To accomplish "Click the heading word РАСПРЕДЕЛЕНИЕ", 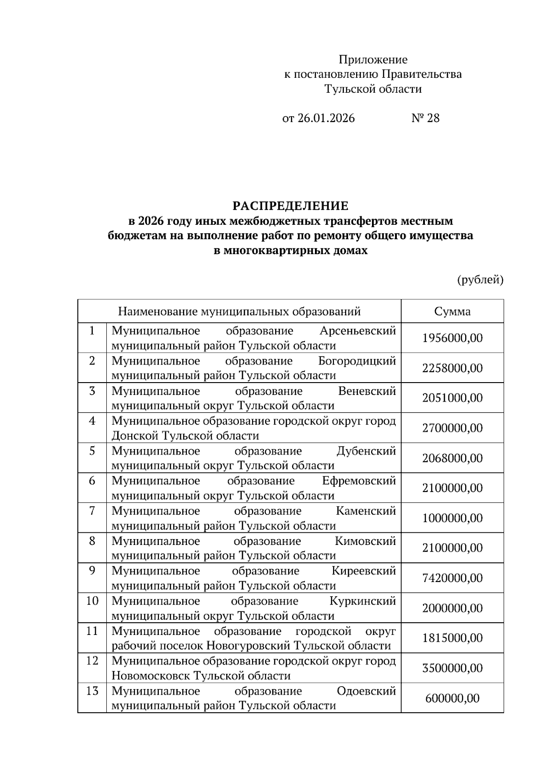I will pyautogui.click(x=291, y=206).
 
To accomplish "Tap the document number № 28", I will pyautogui.click(x=425, y=118).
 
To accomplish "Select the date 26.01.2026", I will pyautogui.click(x=326, y=118).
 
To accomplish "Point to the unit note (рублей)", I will pyautogui.click(x=480, y=280).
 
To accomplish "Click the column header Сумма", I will pyautogui.click(x=452, y=312).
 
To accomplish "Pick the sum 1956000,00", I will pyautogui.click(x=452, y=338).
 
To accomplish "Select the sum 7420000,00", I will pyautogui.click(x=452, y=578).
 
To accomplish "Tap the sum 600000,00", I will pyautogui.click(x=452, y=698).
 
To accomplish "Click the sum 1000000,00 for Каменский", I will pyautogui.click(x=452, y=518).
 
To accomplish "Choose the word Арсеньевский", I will pyautogui.click(x=357, y=331).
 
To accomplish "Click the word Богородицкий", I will pyautogui.click(x=357, y=361).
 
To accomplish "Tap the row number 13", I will pyautogui.click(x=92, y=691).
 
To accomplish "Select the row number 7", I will pyautogui.click(x=92, y=511).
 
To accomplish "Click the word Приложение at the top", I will pyautogui.click(x=373, y=60).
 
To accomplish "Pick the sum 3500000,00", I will pyautogui.click(x=452, y=668).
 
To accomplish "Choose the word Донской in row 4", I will pyautogui.click(x=135, y=436).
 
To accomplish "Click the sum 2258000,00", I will pyautogui.click(x=452, y=368).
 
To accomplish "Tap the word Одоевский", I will pyautogui.click(x=366, y=691).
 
